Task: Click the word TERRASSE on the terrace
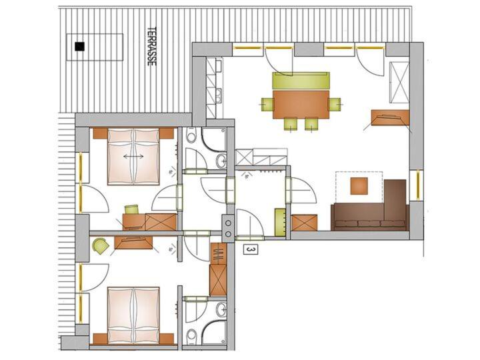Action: (152, 46)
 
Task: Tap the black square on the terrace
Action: (79, 47)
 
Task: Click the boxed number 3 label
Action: (251, 250)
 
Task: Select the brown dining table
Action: (301, 104)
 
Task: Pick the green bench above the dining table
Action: (301, 81)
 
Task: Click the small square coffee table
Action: (359, 186)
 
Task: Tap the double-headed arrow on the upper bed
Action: (133, 157)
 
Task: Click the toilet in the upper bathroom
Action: (191, 135)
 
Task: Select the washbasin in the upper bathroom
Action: (221, 161)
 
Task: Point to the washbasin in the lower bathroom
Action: (221, 309)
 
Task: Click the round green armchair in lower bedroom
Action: (101, 245)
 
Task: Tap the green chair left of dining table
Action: (267, 105)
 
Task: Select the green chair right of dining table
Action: (334, 105)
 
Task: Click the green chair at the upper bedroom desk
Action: (132, 210)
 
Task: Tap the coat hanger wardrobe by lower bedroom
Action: (218, 254)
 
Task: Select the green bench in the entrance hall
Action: (280, 222)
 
